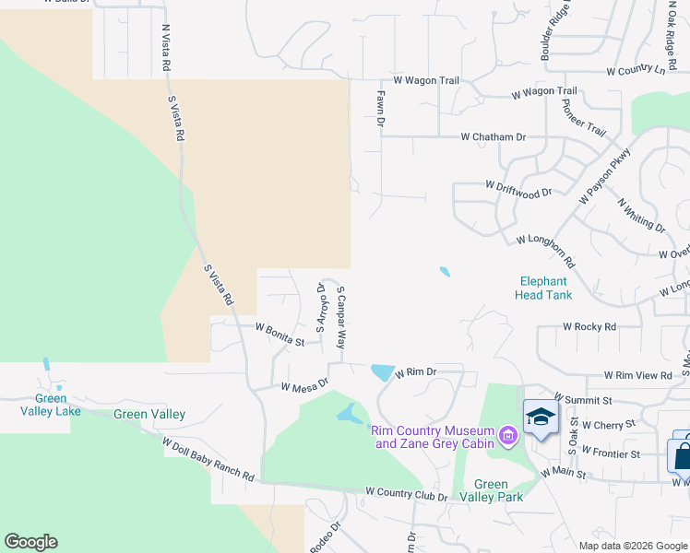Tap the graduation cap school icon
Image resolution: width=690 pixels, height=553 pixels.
(x=540, y=418)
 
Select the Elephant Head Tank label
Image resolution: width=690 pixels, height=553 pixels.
(x=544, y=288)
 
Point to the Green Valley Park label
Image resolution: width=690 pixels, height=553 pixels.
(x=498, y=490)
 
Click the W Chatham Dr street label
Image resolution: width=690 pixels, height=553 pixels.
(x=494, y=136)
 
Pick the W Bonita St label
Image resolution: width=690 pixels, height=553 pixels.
(x=280, y=333)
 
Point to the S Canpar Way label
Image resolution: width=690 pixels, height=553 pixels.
(x=340, y=315)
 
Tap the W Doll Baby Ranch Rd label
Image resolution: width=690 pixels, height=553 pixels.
(x=208, y=459)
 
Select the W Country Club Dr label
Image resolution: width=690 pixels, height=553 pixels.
(x=406, y=496)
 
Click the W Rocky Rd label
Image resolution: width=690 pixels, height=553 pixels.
(x=589, y=326)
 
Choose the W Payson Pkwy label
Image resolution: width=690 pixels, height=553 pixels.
(x=605, y=176)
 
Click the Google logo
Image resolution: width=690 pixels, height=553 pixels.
(x=30, y=542)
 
